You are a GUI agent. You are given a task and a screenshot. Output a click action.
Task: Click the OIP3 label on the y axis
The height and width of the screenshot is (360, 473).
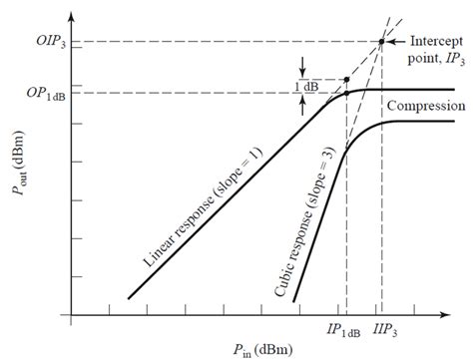click(x=51, y=42)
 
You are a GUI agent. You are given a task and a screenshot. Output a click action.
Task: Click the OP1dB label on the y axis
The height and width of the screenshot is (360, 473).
click(x=46, y=94)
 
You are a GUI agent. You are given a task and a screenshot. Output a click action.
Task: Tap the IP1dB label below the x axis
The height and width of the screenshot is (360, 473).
click(x=343, y=330)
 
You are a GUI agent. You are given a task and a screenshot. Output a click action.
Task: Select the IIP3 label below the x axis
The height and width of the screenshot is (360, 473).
click(x=385, y=330)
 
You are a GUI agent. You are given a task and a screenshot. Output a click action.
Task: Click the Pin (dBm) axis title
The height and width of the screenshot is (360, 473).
click(x=262, y=350)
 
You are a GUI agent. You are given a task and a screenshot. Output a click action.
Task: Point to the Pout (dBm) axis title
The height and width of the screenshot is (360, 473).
click(x=18, y=163)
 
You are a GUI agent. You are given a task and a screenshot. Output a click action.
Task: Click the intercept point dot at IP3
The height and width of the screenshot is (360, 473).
click(x=381, y=42)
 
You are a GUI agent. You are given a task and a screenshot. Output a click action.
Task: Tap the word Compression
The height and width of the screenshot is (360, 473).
click(x=426, y=106)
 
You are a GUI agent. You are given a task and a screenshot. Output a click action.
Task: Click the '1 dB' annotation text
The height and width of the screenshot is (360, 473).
click(x=306, y=87)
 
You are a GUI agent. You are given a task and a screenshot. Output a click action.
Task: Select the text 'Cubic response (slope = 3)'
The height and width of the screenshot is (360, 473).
click(x=304, y=221)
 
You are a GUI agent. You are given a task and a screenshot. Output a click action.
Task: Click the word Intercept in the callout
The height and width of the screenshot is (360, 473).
click(x=437, y=42)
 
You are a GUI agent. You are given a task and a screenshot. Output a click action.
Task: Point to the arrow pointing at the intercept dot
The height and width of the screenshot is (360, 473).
click(x=396, y=42)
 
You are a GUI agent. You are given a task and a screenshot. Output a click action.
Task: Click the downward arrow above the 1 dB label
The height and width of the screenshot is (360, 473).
click(x=302, y=67)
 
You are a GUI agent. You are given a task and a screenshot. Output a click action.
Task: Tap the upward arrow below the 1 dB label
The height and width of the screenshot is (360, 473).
click(x=302, y=106)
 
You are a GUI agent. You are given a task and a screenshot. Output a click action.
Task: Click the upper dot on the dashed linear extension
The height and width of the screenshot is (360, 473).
click(x=346, y=80)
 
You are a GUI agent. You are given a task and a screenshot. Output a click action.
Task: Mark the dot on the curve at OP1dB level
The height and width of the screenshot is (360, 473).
click(x=346, y=93)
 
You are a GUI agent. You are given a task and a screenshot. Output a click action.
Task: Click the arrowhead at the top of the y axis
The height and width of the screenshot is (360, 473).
click(x=71, y=16)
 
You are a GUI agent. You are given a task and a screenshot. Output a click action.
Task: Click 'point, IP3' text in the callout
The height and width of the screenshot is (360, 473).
click(x=436, y=59)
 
